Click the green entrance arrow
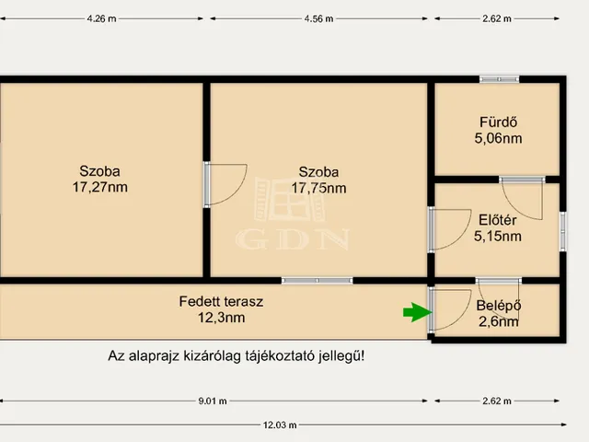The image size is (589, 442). (x=417, y=312)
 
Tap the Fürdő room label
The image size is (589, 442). (x=498, y=122)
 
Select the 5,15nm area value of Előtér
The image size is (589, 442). (x=498, y=237)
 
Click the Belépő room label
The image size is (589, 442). (x=499, y=305)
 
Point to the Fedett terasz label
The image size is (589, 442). (x=221, y=301)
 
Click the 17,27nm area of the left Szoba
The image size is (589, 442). (x=100, y=187)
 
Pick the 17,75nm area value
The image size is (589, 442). (x=319, y=188)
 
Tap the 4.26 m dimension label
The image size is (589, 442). (x=101, y=18)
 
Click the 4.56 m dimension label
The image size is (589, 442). (x=318, y=18)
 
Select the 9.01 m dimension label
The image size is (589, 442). (x=213, y=401)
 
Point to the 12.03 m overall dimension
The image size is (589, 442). (x=280, y=425)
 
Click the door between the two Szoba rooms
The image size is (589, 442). (x=225, y=184)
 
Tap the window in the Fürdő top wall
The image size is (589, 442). (x=499, y=79)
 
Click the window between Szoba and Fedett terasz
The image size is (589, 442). (x=317, y=280)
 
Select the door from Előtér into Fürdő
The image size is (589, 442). (x=522, y=199)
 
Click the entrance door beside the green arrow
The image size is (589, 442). (x=450, y=310)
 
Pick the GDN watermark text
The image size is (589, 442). (x=293, y=239)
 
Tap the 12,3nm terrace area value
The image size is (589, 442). (x=222, y=318)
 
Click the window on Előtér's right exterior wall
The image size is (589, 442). (x=562, y=231)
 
